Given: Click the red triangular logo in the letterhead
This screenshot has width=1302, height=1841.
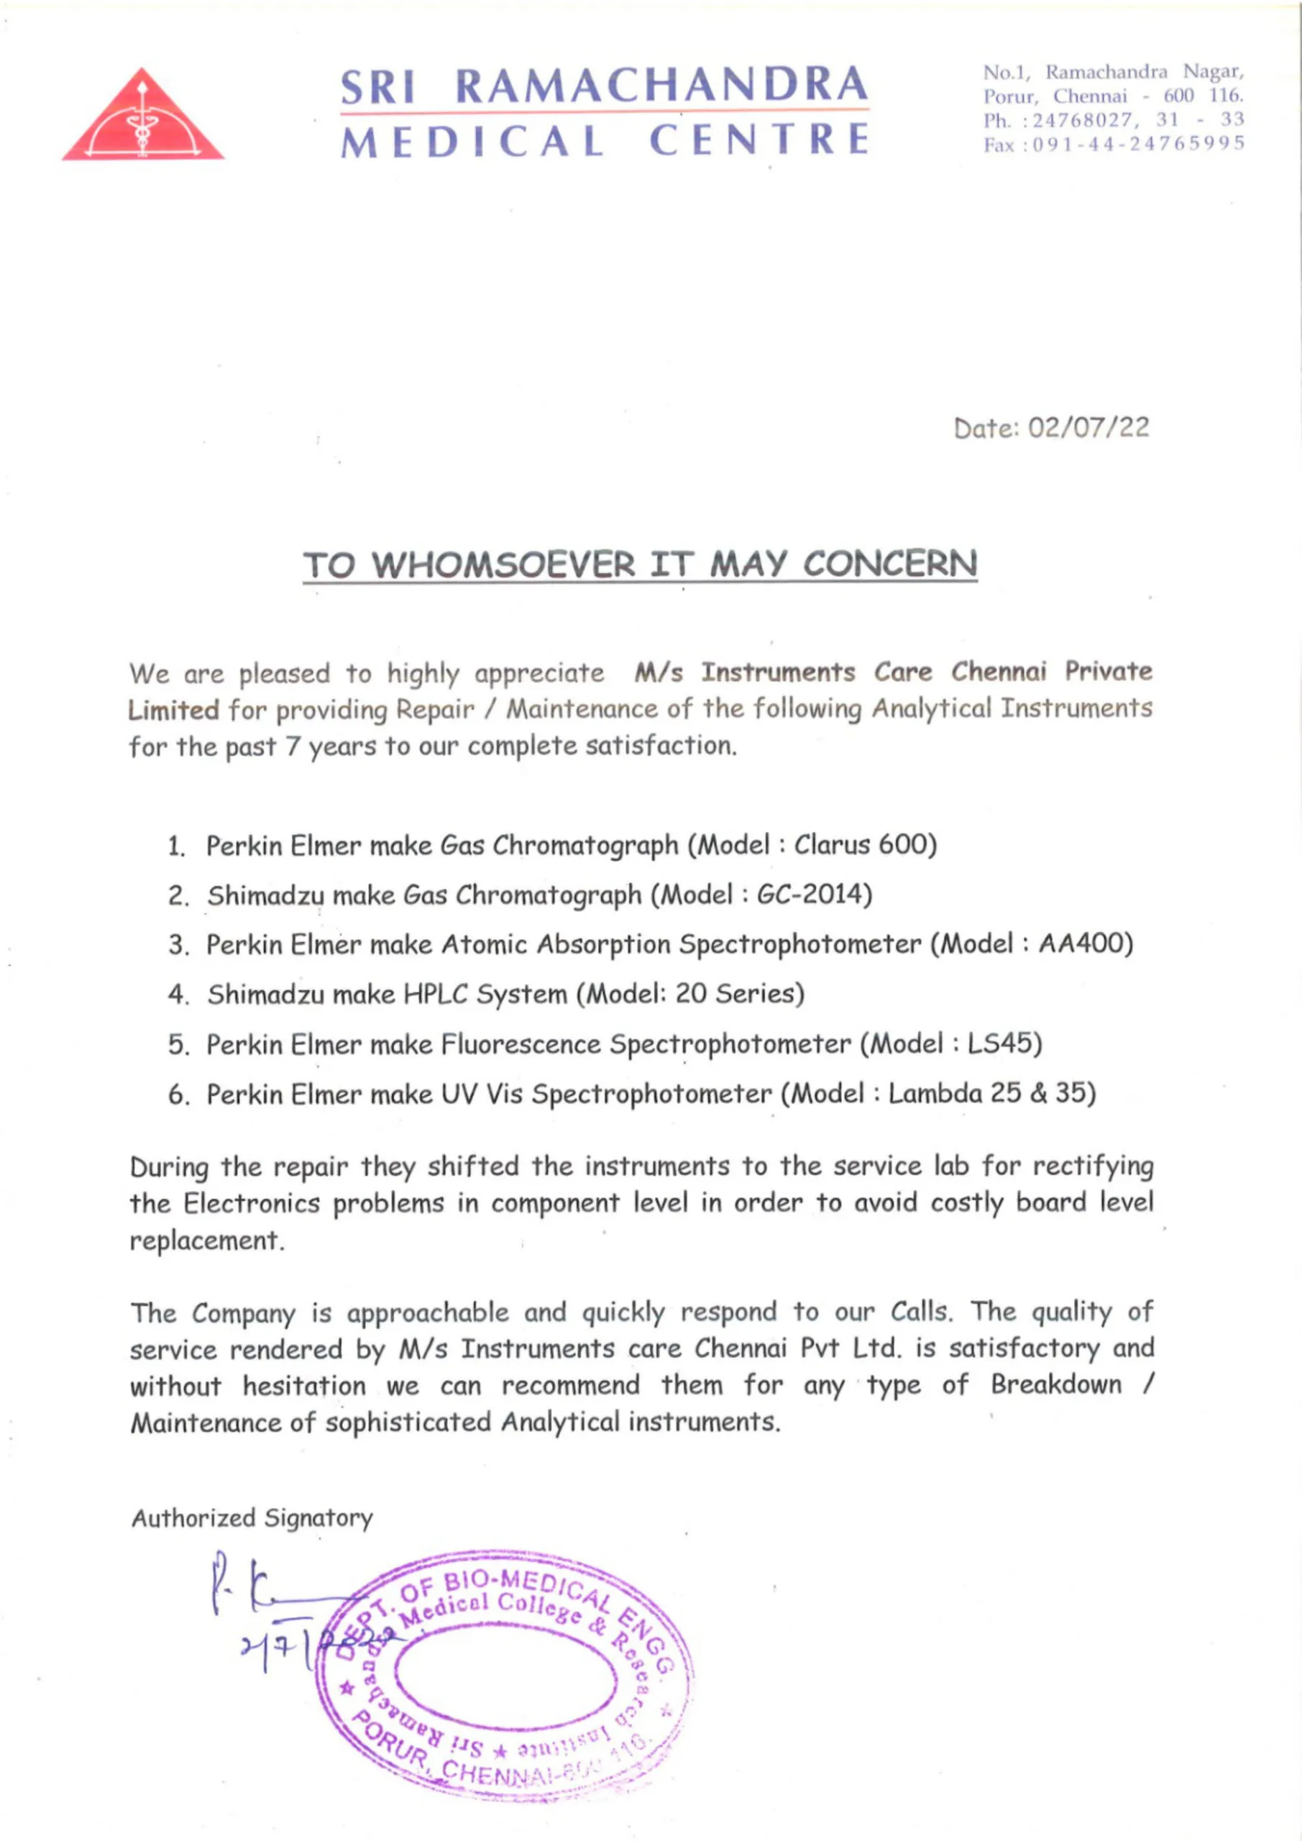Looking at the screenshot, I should point(142,119).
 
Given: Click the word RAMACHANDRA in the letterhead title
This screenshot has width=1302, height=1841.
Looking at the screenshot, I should point(661,86).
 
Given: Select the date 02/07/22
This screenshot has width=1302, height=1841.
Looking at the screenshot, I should point(1088,427).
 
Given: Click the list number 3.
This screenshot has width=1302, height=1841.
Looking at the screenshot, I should point(177,946).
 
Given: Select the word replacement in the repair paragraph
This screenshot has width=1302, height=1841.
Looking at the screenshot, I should point(206,1241).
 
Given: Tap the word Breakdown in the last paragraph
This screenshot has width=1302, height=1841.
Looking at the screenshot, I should point(1056,1385).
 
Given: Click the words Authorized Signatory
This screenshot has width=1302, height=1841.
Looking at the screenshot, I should point(252,1518).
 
